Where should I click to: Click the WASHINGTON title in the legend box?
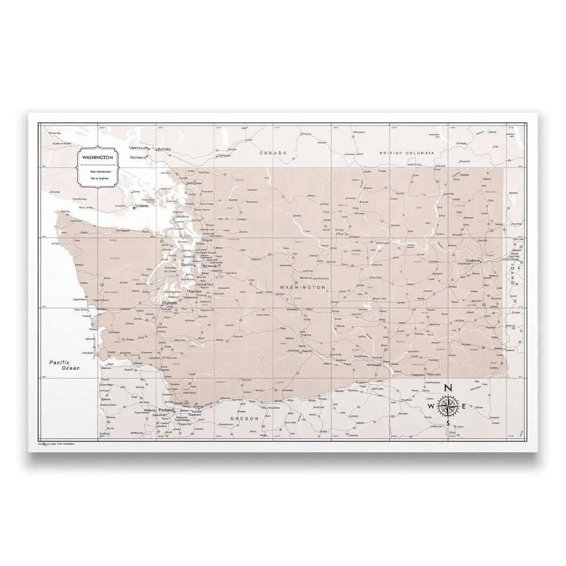(97, 157)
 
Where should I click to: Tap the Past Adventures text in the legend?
(98, 173)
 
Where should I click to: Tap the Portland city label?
(166, 410)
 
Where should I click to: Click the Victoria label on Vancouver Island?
(142, 207)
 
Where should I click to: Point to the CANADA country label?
(273, 153)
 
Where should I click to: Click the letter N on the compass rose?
(448, 388)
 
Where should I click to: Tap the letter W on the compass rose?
(431, 406)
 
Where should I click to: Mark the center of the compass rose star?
(448, 406)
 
